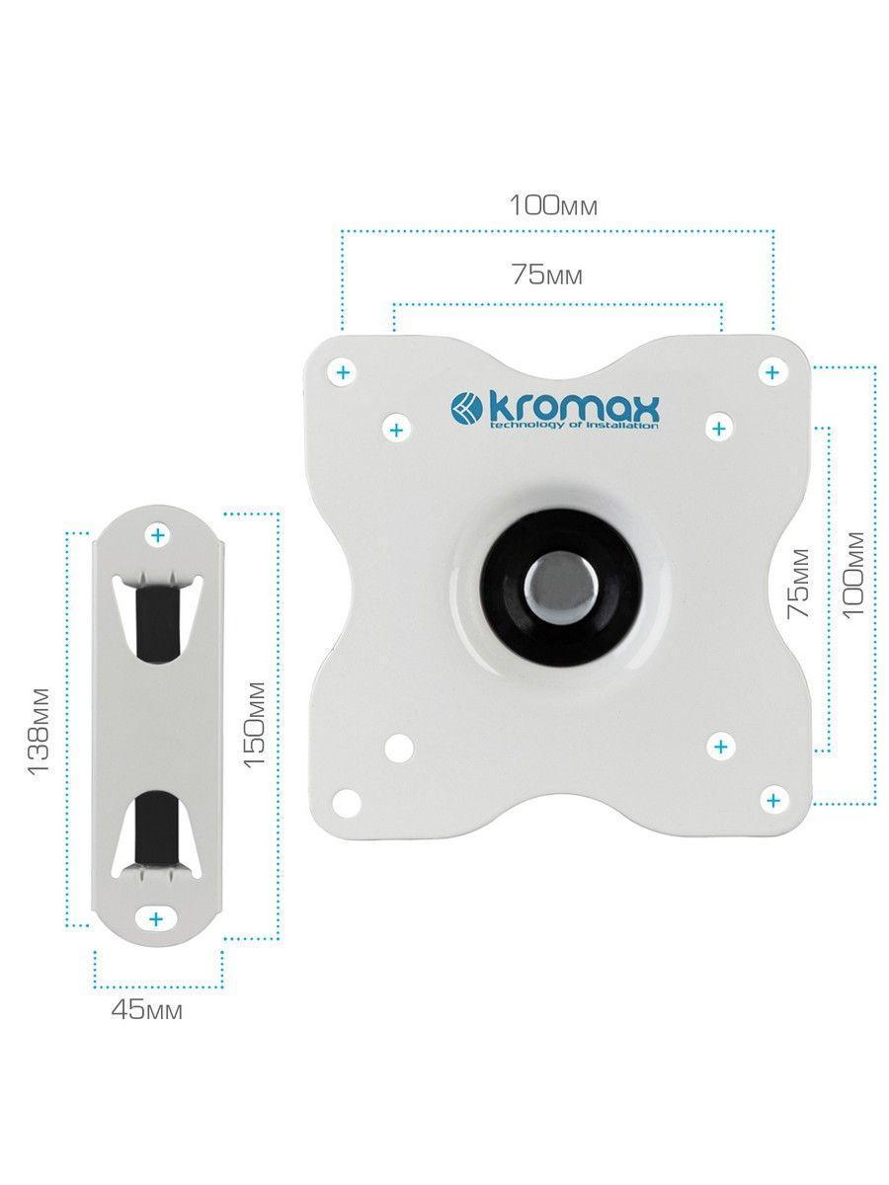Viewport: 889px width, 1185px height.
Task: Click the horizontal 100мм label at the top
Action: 554,205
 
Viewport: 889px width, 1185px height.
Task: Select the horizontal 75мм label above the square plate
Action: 547,276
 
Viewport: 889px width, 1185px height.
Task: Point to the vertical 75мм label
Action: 798,583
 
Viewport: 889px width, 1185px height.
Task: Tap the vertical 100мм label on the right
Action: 852,575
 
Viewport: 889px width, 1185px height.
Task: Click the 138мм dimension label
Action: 39,731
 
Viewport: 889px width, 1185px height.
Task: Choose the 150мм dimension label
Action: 254,724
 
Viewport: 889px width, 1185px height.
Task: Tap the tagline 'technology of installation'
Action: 573,426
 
